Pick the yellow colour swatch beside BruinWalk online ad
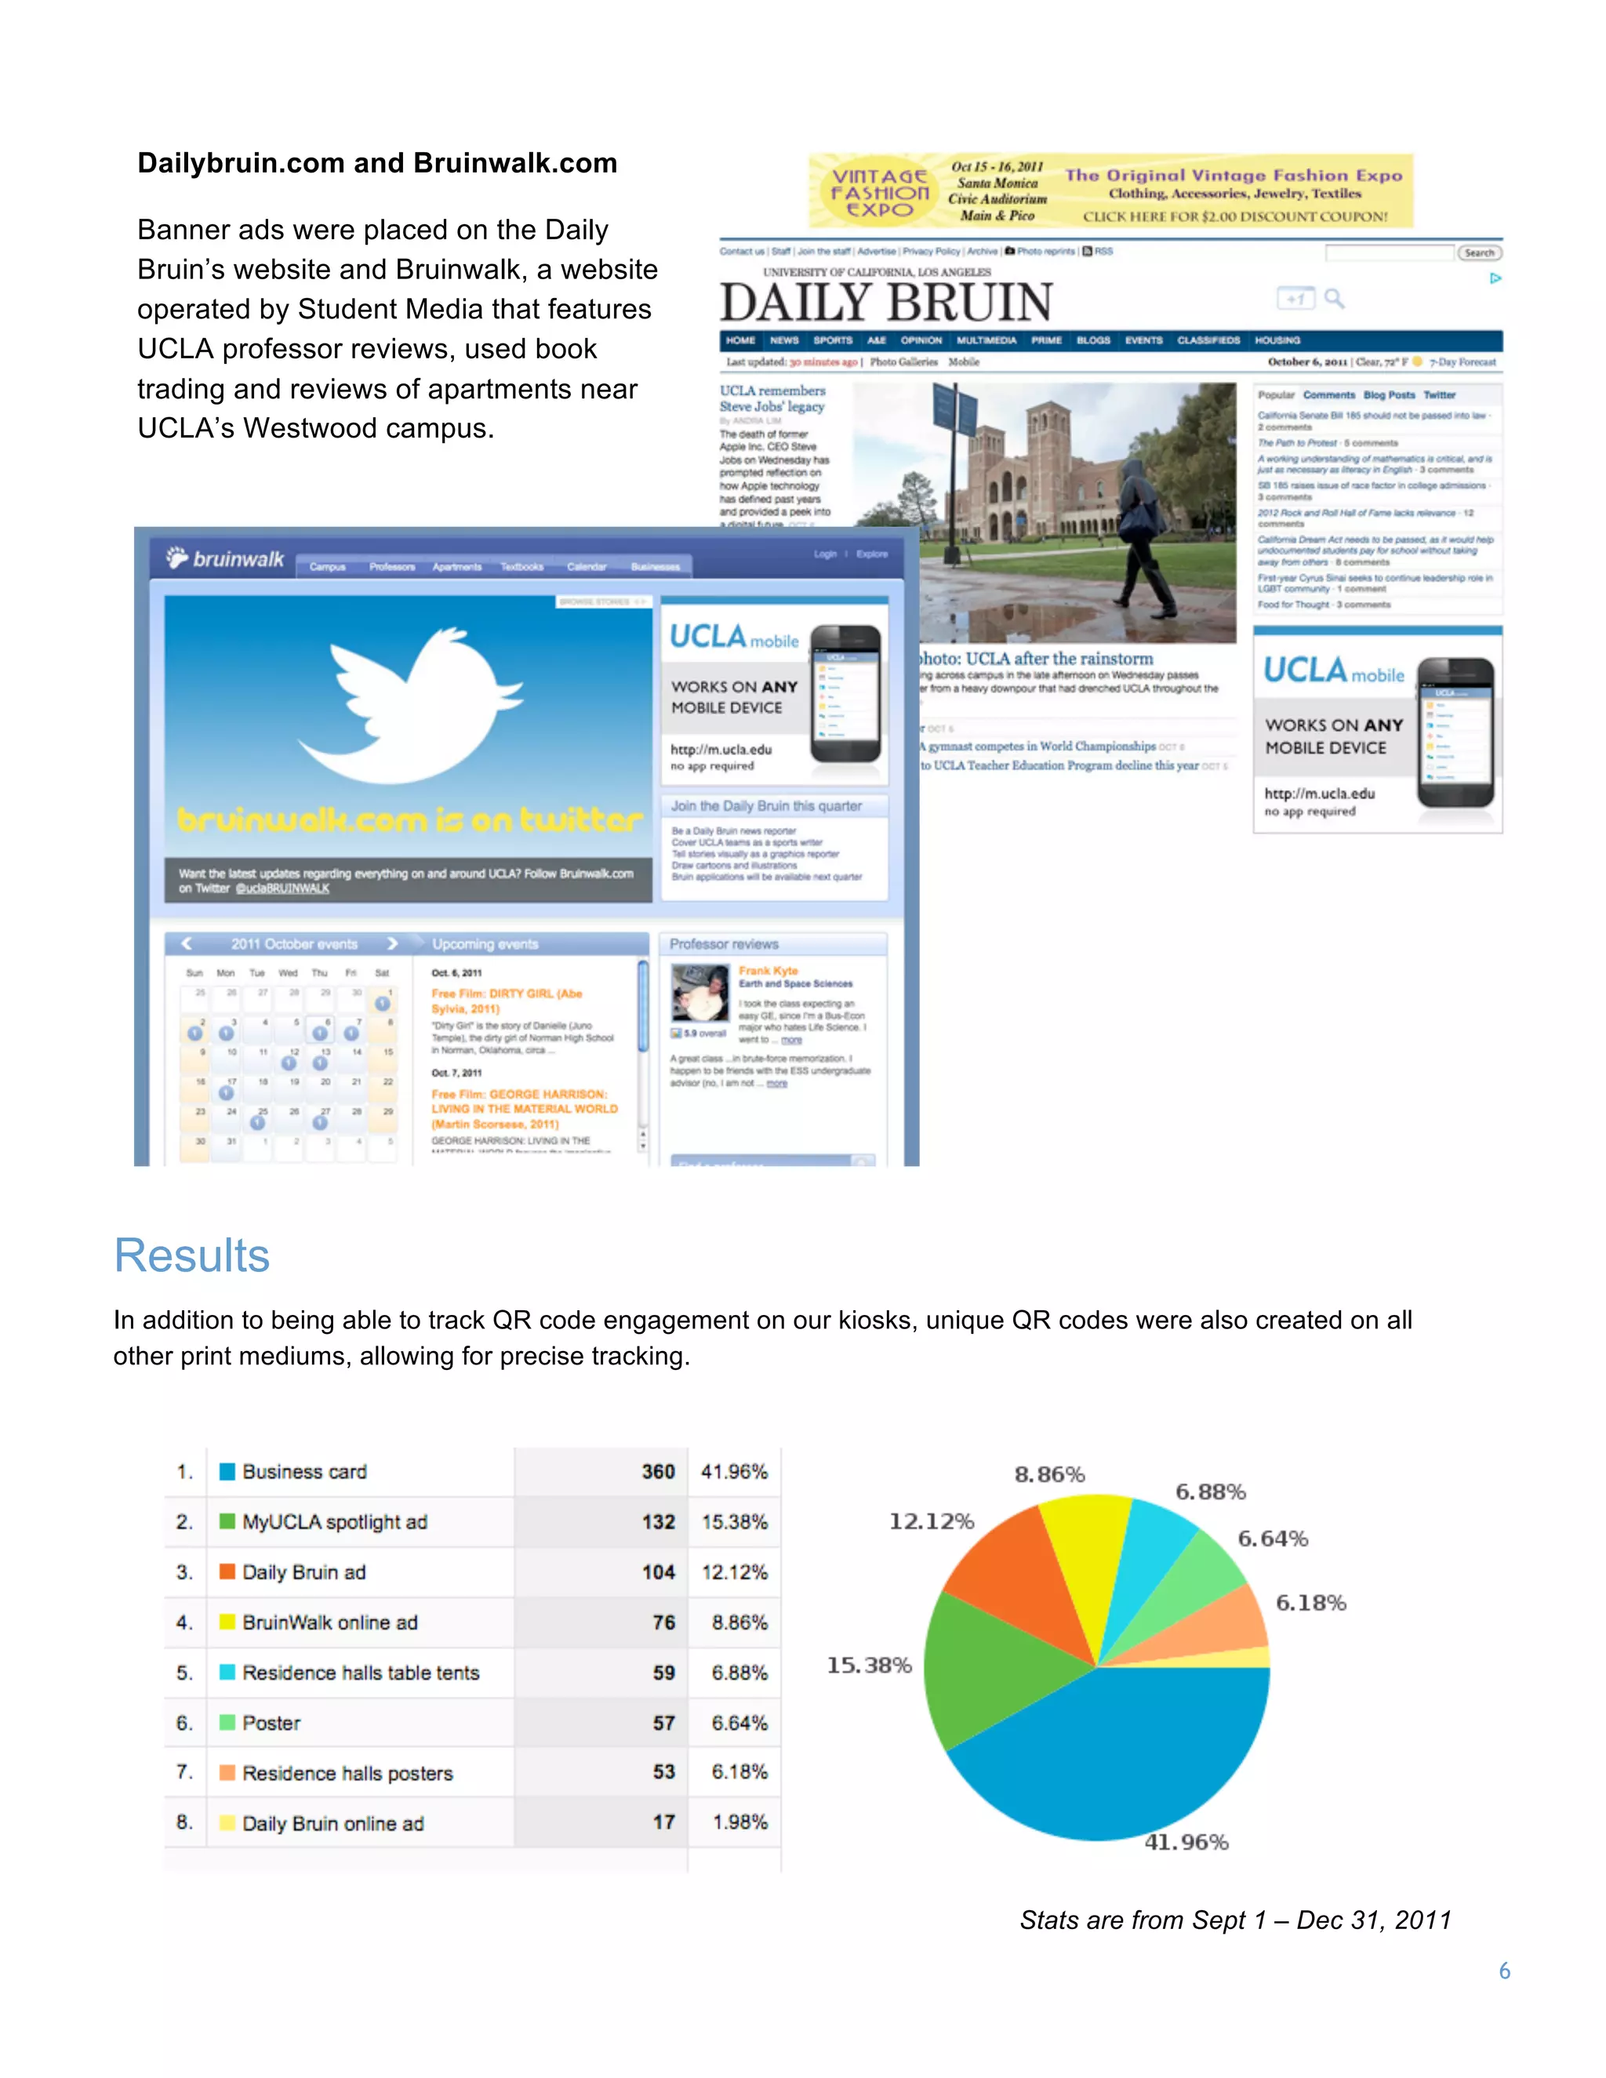coord(227,1622)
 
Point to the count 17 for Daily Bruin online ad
coord(663,1822)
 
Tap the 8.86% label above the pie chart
coord(1048,1474)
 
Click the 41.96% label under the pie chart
coord(1186,1842)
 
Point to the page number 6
coord(1504,1971)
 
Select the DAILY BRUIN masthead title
coord(886,303)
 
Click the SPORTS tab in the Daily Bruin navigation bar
coord(833,340)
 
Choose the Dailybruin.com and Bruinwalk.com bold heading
coord(376,164)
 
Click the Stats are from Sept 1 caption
coord(1235,1920)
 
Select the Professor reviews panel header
coord(724,944)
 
